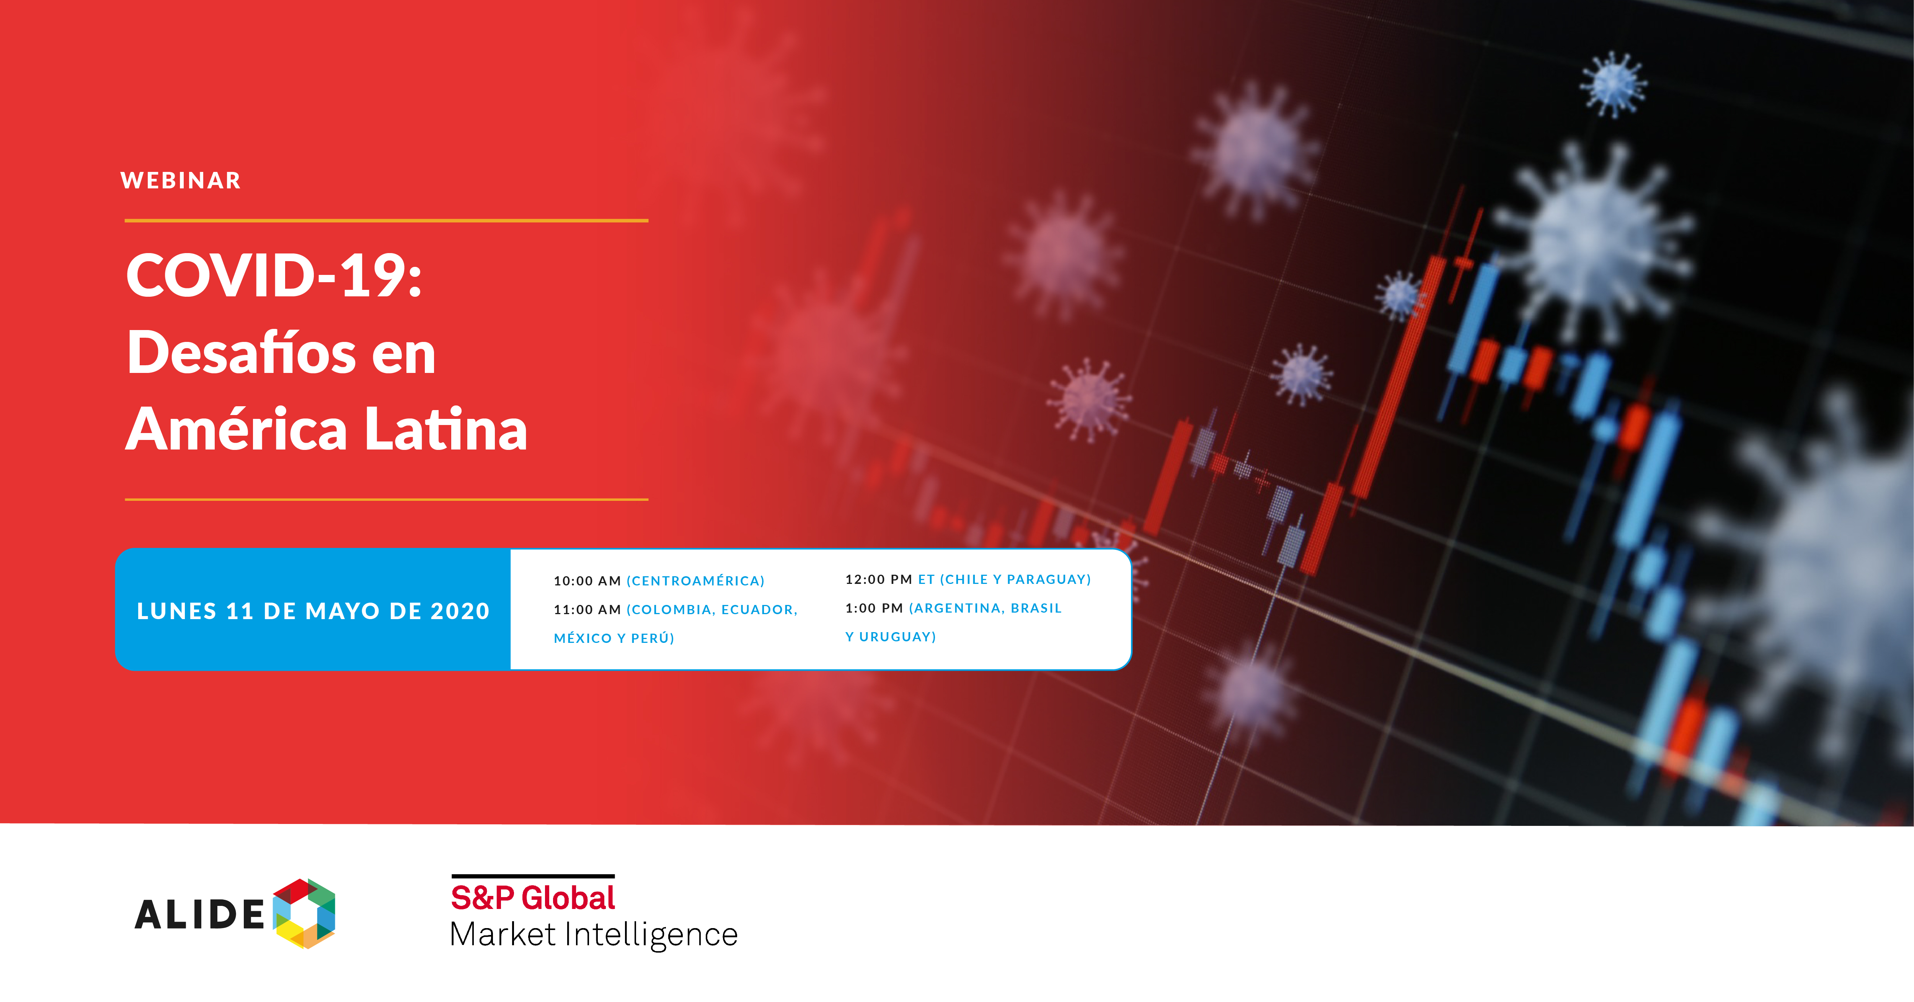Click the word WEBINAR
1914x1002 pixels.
click(181, 181)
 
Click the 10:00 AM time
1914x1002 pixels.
click(587, 580)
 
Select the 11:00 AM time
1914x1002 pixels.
click(587, 610)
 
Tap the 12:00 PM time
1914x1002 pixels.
click(878, 579)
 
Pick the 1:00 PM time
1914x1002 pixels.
click(874, 608)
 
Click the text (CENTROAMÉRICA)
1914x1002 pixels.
click(695, 580)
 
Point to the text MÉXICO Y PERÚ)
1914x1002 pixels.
click(614, 638)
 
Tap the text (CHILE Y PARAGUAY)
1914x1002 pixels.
click(1015, 579)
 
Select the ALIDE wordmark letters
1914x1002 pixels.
click(199, 914)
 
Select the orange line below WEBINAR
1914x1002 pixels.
click(387, 220)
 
